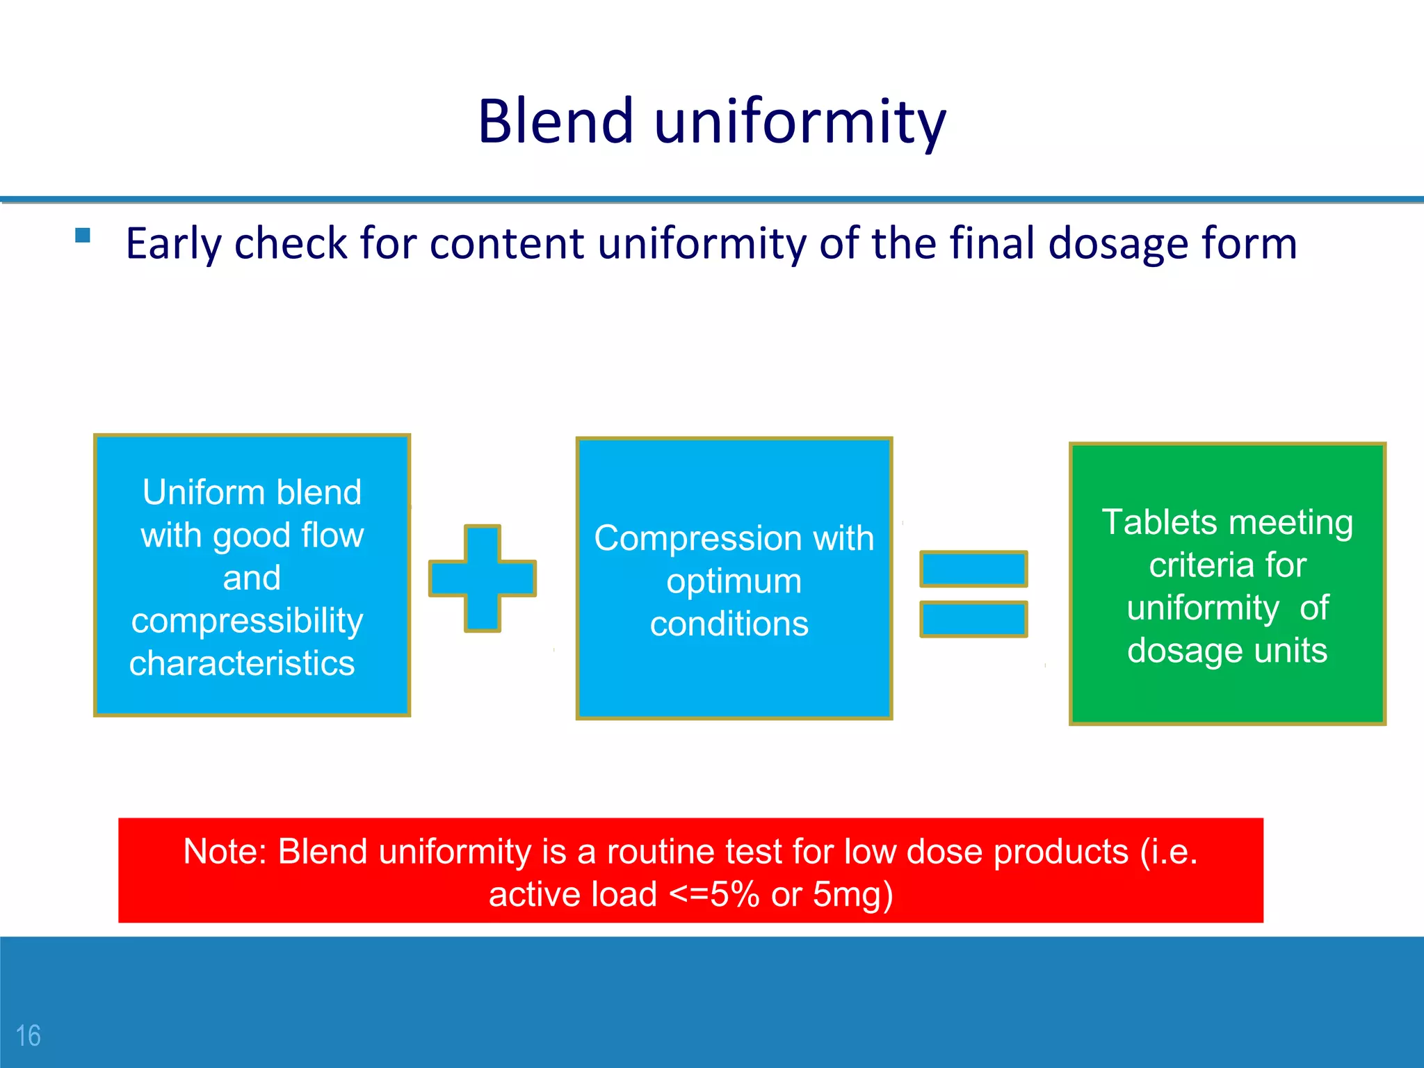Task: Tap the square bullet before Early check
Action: [x=83, y=235]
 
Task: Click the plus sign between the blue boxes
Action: [x=483, y=578]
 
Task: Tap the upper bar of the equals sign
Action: [x=973, y=568]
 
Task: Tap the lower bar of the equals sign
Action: [x=973, y=619]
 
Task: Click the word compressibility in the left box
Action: [x=247, y=621]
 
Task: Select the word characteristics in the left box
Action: [x=242, y=663]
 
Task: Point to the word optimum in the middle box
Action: [x=734, y=581]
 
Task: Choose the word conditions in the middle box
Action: [x=729, y=624]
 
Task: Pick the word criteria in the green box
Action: [x=1189, y=565]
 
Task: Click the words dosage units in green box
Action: [x=1227, y=651]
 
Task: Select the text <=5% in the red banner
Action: [x=714, y=895]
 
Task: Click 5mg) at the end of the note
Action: [x=852, y=895]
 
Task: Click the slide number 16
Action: [x=29, y=1035]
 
